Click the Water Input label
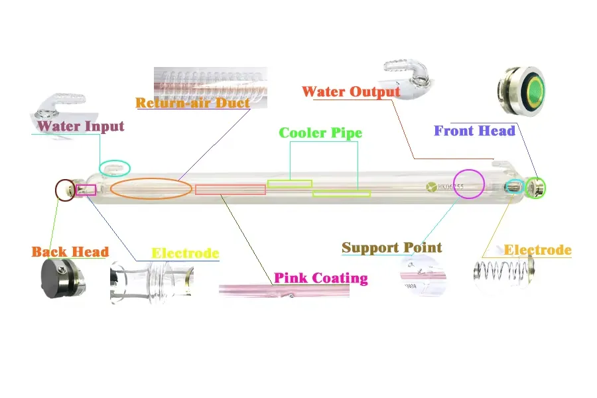point(80,126)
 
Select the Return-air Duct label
point(192,103)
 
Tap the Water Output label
point(351,92)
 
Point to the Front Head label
point(474,131)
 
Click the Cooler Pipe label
point(320,133)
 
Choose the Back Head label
point(70,252)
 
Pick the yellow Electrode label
point(185,253)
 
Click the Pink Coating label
point(321,277)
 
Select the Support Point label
point(391,248)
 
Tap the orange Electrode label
point(537,250)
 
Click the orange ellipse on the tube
point(151,189)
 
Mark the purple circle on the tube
point(469,184)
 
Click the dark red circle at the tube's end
point(65,190)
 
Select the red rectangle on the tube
point(230,190)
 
